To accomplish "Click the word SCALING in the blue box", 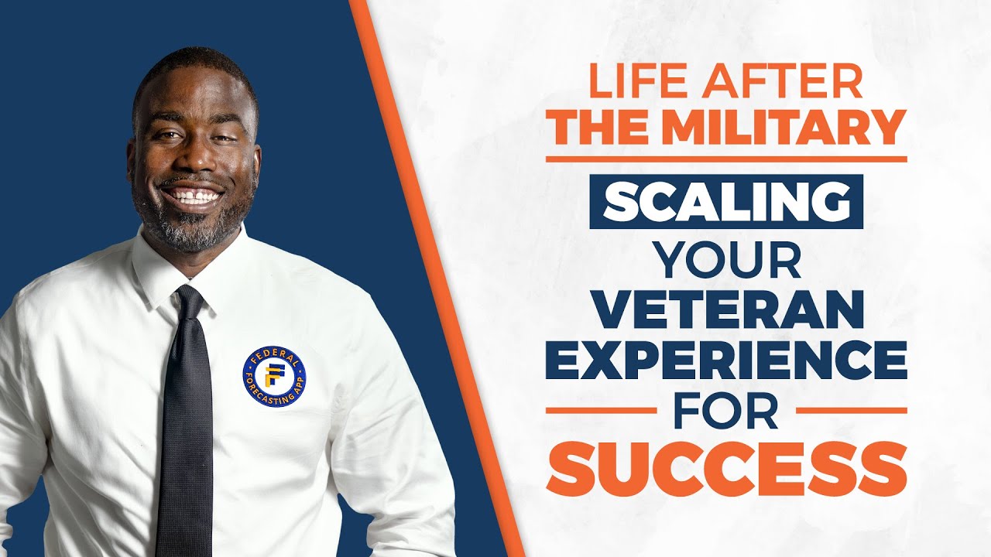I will point(726,202).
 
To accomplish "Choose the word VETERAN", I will point(726,311).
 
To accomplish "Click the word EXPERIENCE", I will point(726,362).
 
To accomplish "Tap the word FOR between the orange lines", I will point(725,412).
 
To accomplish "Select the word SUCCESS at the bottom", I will point(726,468).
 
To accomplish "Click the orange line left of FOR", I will point(601,411).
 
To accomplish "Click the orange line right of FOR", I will point(851,411).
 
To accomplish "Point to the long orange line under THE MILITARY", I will point(726,159).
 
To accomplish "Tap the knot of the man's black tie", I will point(188,300).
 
